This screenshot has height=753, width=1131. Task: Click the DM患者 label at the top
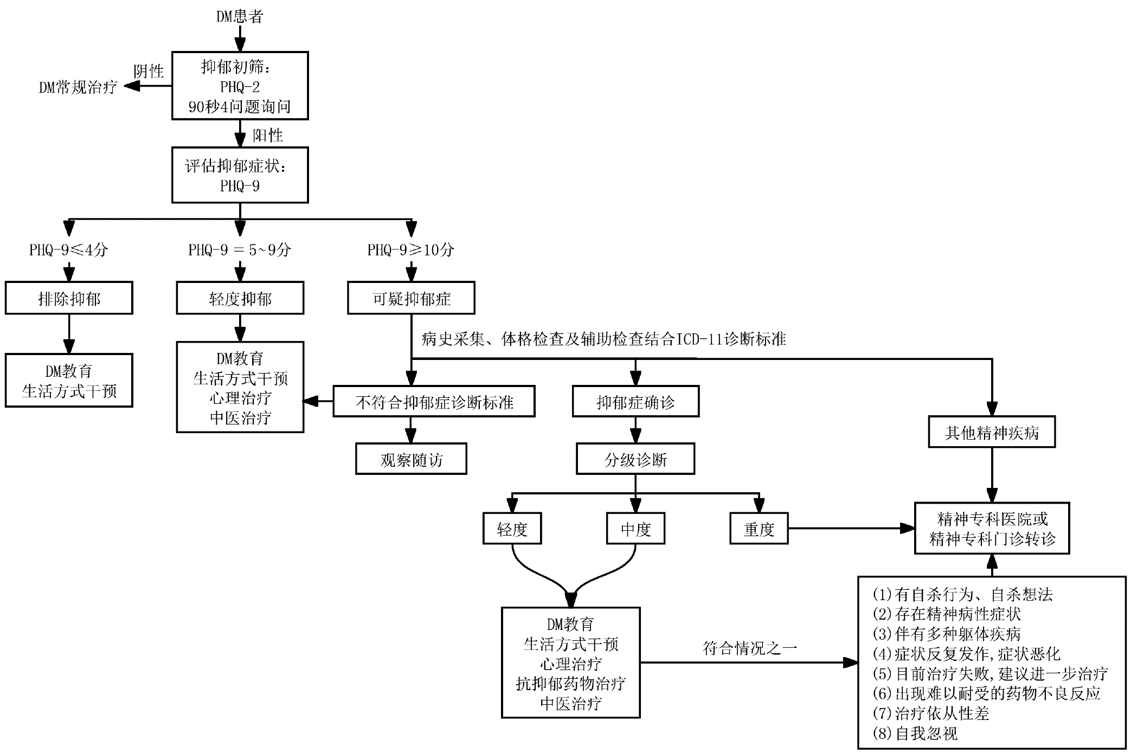[240, 16]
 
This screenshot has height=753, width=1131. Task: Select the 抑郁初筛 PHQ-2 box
[240, 86]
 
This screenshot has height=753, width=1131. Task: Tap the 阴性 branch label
[149, 71]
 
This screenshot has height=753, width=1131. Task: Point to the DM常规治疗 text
[78, 87]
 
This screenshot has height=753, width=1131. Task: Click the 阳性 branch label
[268, 135]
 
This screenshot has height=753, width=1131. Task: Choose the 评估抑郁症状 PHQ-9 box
[240, 175]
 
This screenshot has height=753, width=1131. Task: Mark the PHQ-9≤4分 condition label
[68, 250]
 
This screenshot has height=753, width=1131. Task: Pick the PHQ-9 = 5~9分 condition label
[240, 250]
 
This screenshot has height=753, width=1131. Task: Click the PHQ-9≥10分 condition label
[411, 250]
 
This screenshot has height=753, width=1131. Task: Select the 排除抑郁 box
[69, 298]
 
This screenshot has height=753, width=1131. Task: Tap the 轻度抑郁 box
[240, 298]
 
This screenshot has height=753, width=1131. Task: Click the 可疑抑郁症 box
[411, 298]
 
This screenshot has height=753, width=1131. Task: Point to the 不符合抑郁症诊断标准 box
[434, 402]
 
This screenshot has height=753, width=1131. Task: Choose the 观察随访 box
[411, 460]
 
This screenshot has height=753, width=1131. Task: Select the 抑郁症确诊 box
[635, 402]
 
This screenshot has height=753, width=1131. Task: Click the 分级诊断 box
[635, 460]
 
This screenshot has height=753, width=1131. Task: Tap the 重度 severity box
[759, 529]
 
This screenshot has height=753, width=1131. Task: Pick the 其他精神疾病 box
[992, 432]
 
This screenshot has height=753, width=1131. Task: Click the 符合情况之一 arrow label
[750, 648]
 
